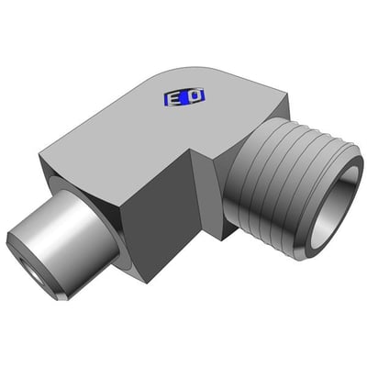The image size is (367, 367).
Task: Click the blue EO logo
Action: coord(184,97)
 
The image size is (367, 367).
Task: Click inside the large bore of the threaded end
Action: coord(333,209)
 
